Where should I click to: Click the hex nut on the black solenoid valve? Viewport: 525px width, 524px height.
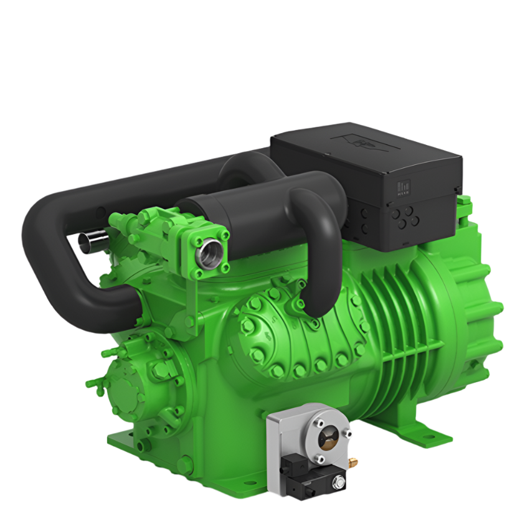339,480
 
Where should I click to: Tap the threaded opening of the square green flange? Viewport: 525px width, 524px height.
206,253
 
